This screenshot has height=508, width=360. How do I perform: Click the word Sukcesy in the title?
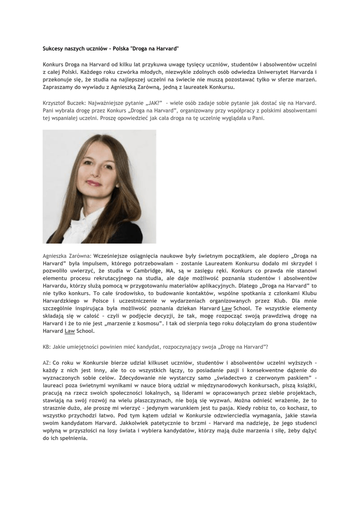point(53,49)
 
